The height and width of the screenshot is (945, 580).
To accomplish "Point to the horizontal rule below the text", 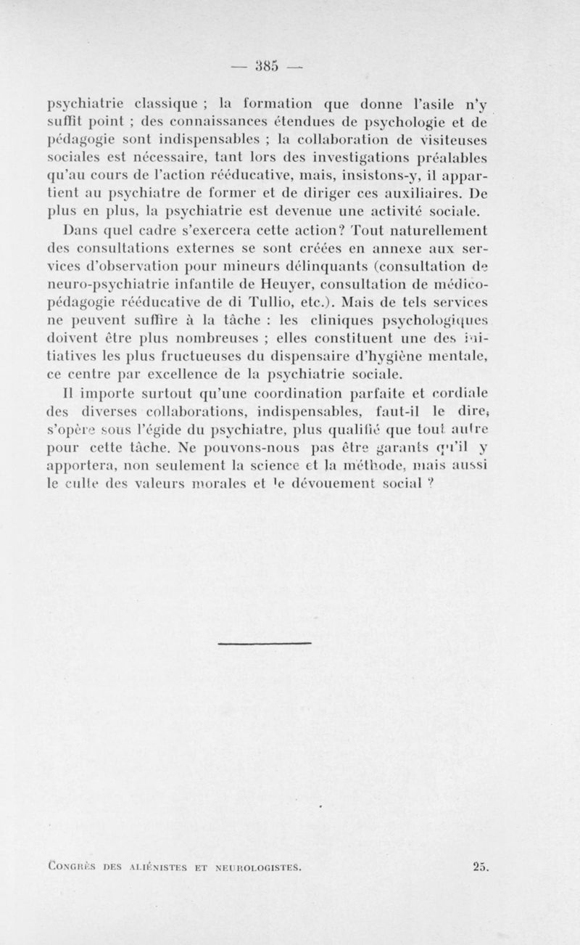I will point(265,643).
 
